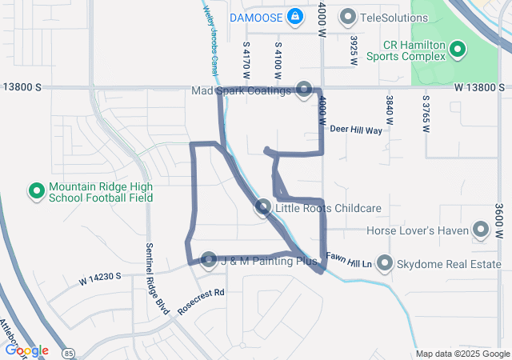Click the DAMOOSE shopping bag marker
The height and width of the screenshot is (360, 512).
pyautogui.click(x=294, y=16)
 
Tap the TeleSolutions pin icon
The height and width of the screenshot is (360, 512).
pyautogui.click(x=348, y=16)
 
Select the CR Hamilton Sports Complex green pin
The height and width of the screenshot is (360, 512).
pyautogui.click(x=458, y=50)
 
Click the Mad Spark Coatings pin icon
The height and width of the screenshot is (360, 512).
pyautogui.click(x=304, y=90)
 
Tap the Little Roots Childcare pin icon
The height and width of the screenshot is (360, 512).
pyautogui.click(x=262, y=208)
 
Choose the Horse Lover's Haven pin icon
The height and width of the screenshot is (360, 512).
pyautogui.click(x=481, y=231)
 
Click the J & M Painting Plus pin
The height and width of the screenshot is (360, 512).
pyautogui.click(x=209, y=260)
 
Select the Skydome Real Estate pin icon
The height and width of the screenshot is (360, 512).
pyautogui.click(x=385, y=263)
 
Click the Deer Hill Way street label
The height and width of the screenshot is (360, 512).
pyautogui.click(x=356, y=129)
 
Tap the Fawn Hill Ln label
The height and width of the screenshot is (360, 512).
pyautogui.click(x=350, y=262)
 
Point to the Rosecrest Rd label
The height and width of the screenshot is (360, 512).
pyautogui.click(x=202, y=302)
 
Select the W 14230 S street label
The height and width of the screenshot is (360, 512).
pyautogui.click(x=100, y=278)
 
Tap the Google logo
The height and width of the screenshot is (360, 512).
pyautogui.click(x=26, y=350)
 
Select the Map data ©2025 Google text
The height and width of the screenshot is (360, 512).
pyautogui.click(x=462, y=354)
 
